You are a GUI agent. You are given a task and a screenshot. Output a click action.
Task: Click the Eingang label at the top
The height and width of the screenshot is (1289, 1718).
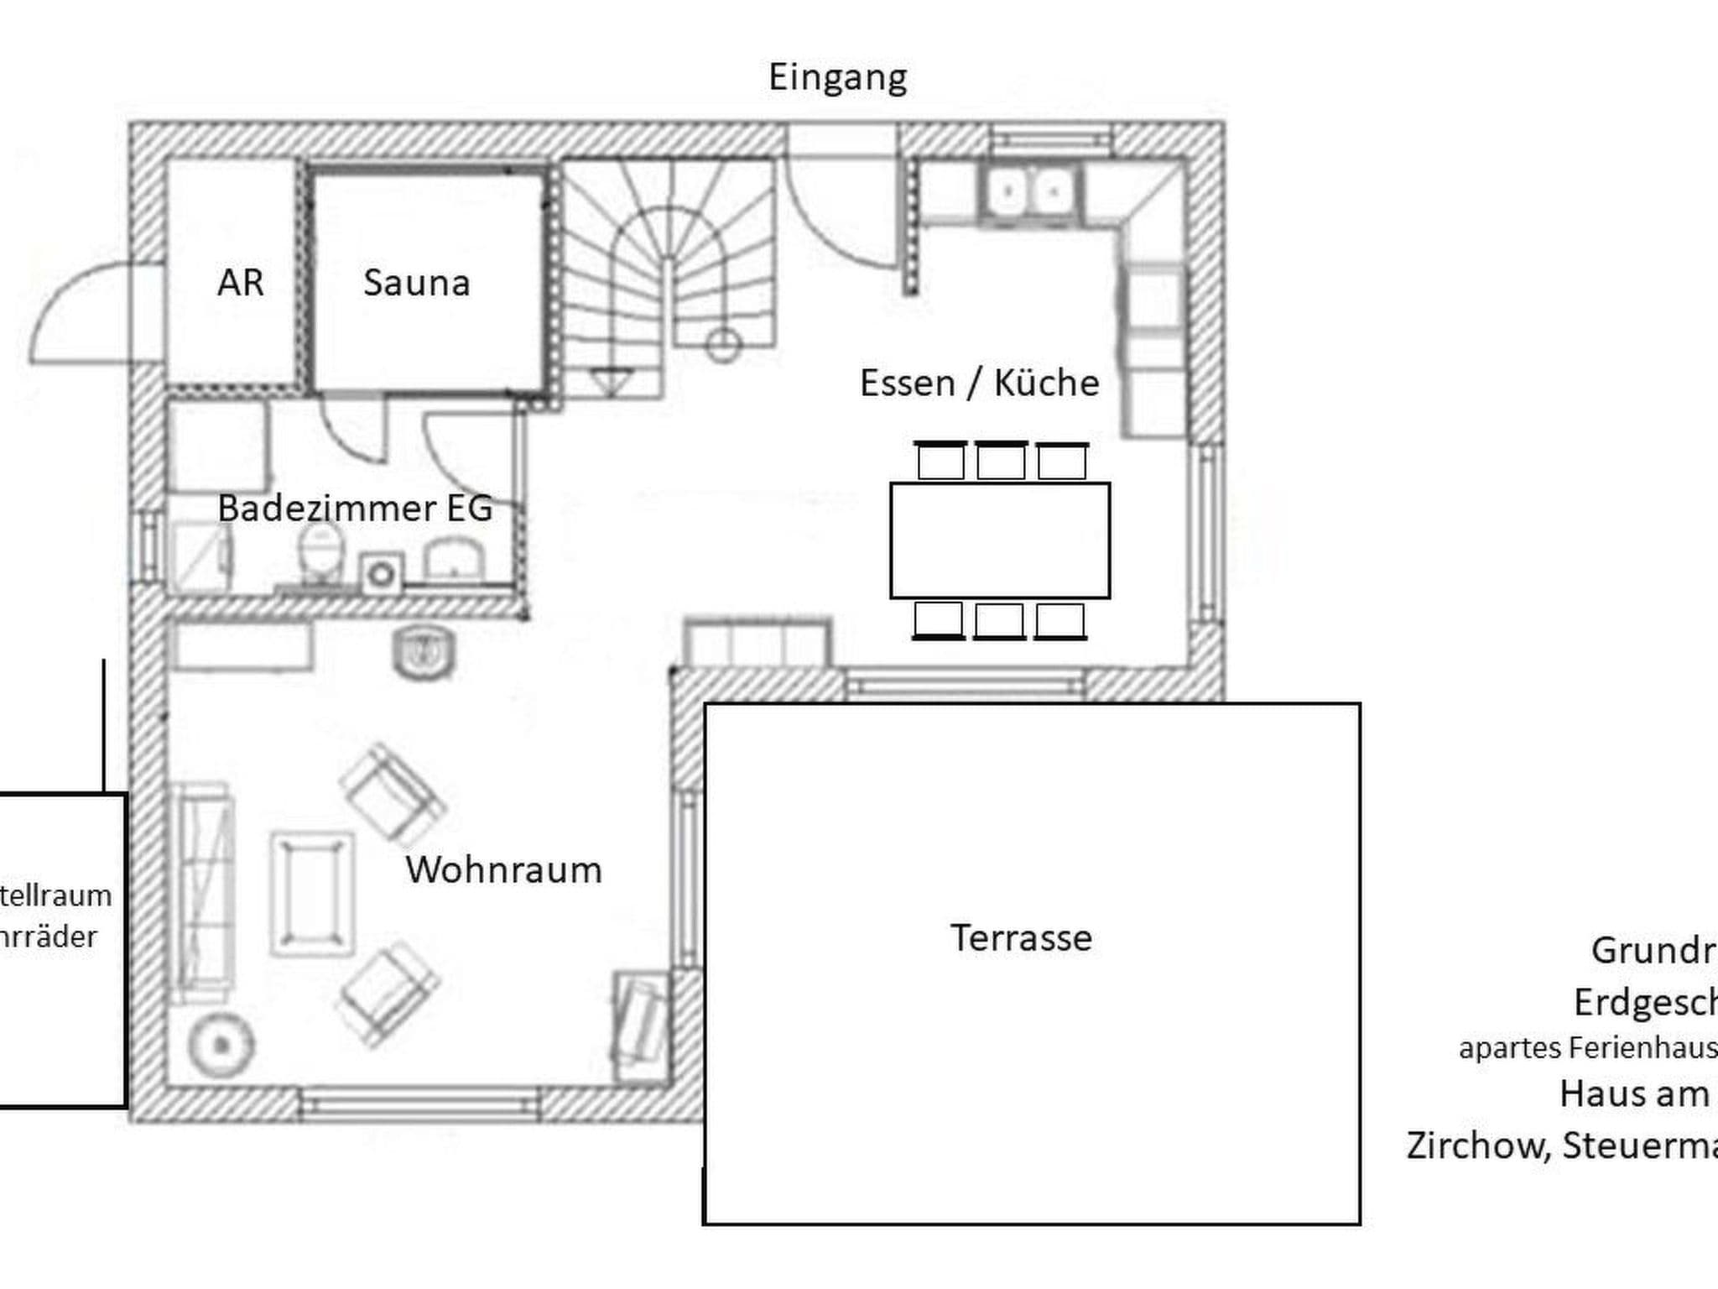(x=837, y=78)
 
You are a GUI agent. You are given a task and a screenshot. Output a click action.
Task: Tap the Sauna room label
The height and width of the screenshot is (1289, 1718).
(x=416, y=283)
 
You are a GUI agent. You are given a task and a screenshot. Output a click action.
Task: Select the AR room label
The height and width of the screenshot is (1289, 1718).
(x=241, y=283)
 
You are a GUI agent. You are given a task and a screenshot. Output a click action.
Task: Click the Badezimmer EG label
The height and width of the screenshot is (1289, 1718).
(x=355, y=509)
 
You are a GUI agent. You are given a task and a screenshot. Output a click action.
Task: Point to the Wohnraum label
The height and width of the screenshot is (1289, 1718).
(x=504, y=870)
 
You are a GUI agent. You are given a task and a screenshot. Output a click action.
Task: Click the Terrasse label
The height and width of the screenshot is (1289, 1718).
(x=1021, y=938)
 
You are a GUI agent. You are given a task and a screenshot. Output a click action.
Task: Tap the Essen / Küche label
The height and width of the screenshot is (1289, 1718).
(x=979, y=384)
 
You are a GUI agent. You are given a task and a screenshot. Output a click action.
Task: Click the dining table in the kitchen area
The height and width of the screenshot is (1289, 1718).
(x=1000, y=540)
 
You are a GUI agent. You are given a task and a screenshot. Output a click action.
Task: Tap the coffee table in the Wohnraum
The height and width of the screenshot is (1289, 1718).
(x=312, y=894)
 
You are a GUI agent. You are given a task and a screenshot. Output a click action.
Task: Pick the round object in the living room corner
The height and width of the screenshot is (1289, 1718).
(x=221, y=1045)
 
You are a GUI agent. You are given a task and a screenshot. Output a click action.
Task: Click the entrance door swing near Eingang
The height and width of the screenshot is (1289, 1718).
(x=839, y=218)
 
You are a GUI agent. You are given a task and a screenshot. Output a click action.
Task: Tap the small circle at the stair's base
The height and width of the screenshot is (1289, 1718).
(x=723, y=344)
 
